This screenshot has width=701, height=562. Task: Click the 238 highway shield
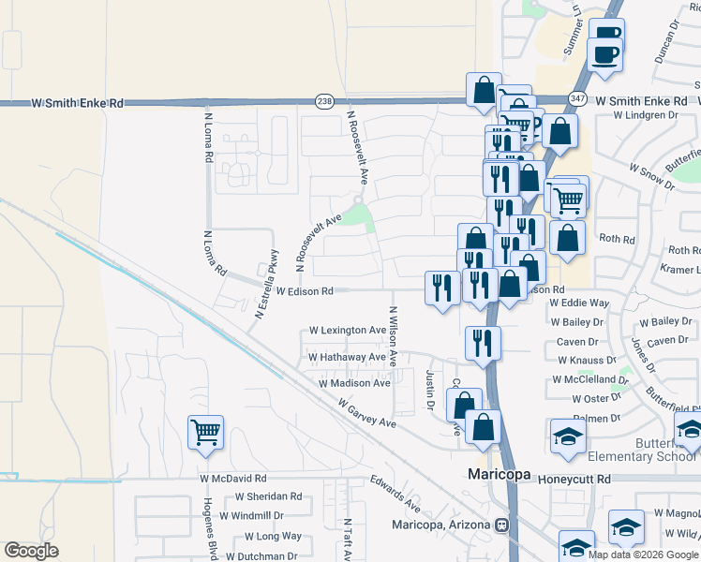pyautogui.click(x=324, y=101)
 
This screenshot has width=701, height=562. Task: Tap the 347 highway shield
pyautogui.click(x=577, y=99)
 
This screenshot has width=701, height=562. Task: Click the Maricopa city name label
pyautogui.click(x=500, y=476)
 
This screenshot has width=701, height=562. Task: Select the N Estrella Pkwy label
pyautogui.click(x=265, y=284)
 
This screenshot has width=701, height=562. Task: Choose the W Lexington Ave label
pyautogui.click(x=348, y=331)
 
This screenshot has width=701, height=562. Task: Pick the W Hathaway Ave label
pyautogui.click(x=347, y=357)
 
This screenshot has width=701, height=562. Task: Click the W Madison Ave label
pyautogui.click(x=354, y=383)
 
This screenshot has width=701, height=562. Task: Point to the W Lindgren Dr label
pyautogui.click(x=645, y=115)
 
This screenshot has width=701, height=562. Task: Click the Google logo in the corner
pyautogui.click(x=31, y=551)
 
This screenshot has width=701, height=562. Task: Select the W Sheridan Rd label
pyautogui.click(x=268, y=496)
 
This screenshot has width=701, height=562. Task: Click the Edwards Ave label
pyautogui.click(x=394, y=494)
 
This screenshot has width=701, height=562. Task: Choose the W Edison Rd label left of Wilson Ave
pyautogui.click(x=305, y=291)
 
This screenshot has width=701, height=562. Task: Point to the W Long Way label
pyautogui.click(x=273, y=536)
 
